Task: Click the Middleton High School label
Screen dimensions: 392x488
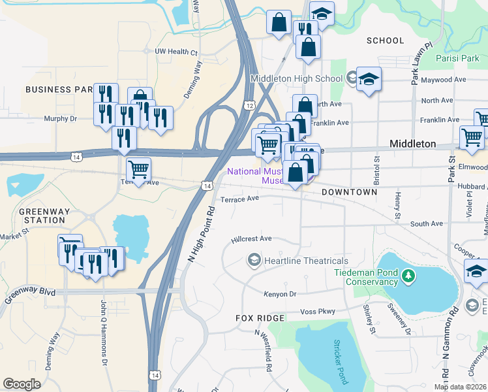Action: [x=297, y=79]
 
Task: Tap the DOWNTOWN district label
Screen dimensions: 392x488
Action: [x=349, y=192]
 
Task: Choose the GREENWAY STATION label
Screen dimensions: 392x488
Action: [x=42, y=216]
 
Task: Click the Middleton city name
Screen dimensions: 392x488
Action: [x=412, y=143]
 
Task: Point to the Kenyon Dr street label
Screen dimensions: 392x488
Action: [x=280, y=295]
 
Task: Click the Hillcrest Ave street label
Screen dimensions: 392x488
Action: [x=251, y=240]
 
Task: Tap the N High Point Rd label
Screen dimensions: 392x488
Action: [x=201, y=235]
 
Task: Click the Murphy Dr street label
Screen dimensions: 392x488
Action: [x=60, y=119]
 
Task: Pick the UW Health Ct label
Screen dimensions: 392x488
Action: [x=175, y=52]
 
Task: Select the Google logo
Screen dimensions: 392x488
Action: [x=22, y=384]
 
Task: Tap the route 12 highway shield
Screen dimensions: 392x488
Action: [x=250, y=105]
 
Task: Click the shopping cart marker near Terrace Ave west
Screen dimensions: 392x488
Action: [x=138, y=170]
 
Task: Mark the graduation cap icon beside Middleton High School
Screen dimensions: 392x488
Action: [x=369, y=80]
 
